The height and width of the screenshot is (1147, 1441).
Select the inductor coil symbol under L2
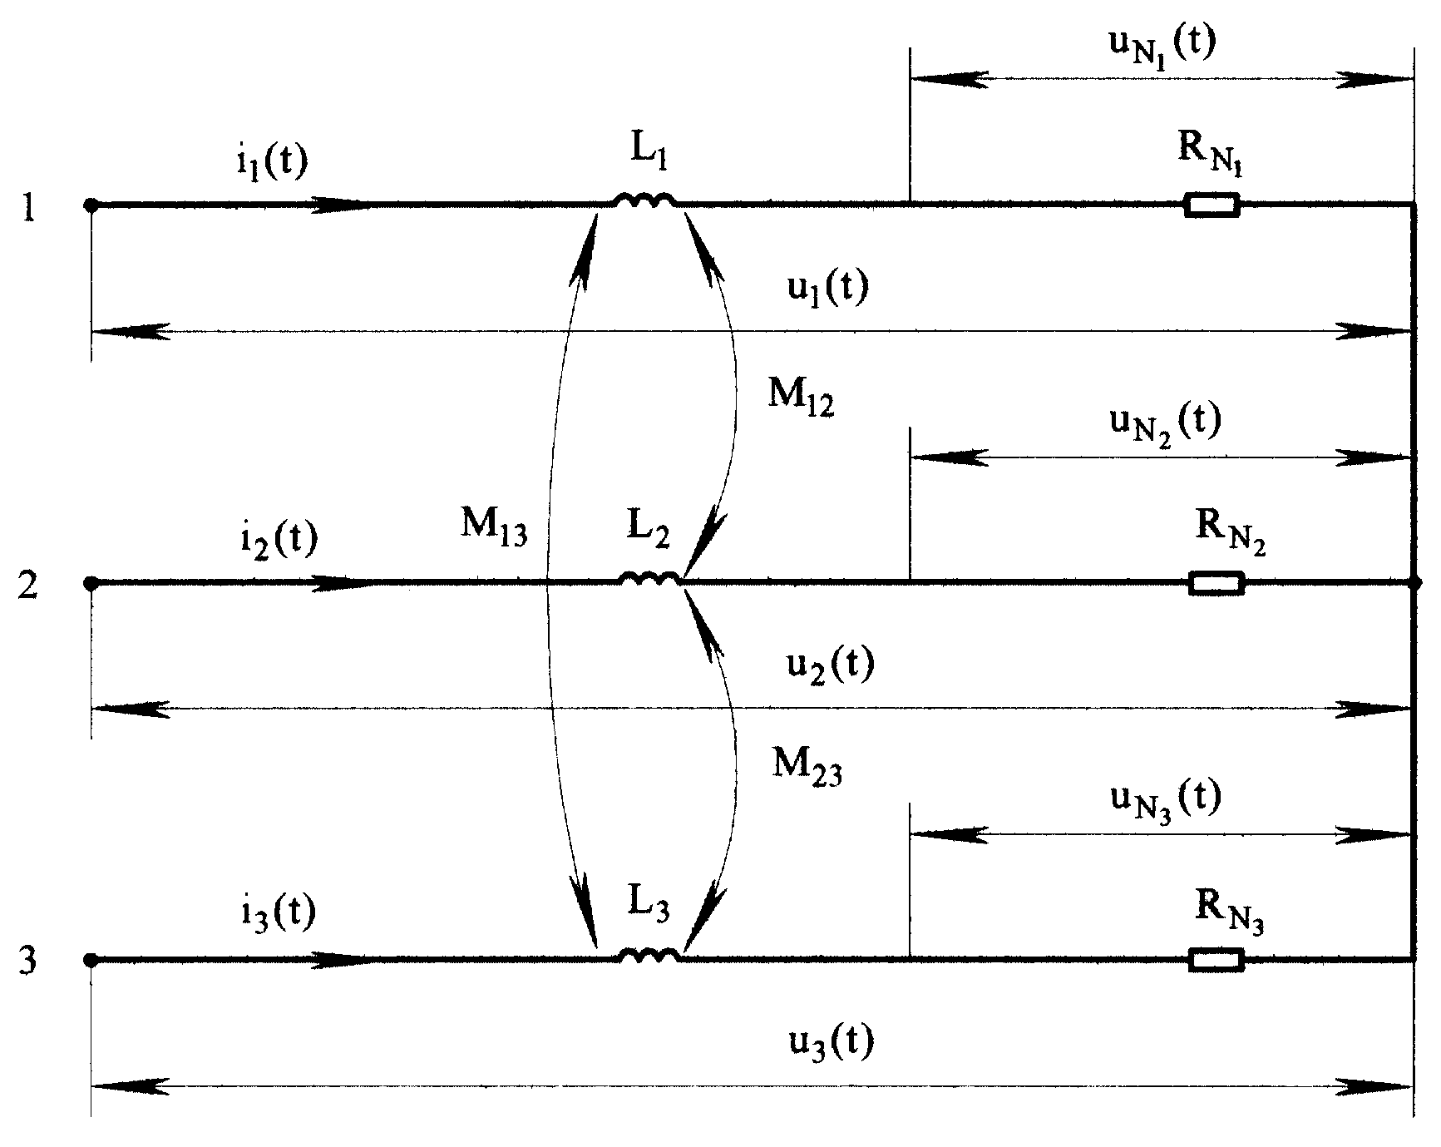click(x=651, y=579)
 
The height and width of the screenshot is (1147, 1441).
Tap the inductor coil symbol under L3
click(x=650, y=955)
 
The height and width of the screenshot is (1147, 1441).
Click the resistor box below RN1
click(x=1212, y=205)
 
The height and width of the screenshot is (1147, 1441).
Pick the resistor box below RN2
click(x=1217, y=583)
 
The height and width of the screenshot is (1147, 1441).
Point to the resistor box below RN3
click(x=1216, y=959)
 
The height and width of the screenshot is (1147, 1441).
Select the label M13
click(x=493, y=526)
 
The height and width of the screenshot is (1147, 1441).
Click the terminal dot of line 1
click(x=91, y=205)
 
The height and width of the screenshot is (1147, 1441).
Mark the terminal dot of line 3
click(x=91, y=960)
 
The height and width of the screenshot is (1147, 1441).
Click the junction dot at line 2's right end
click(x=1414, y=583)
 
